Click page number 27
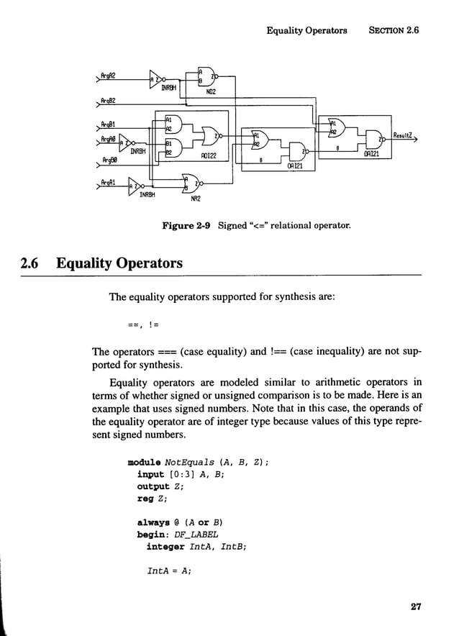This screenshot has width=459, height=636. (415, 607)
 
